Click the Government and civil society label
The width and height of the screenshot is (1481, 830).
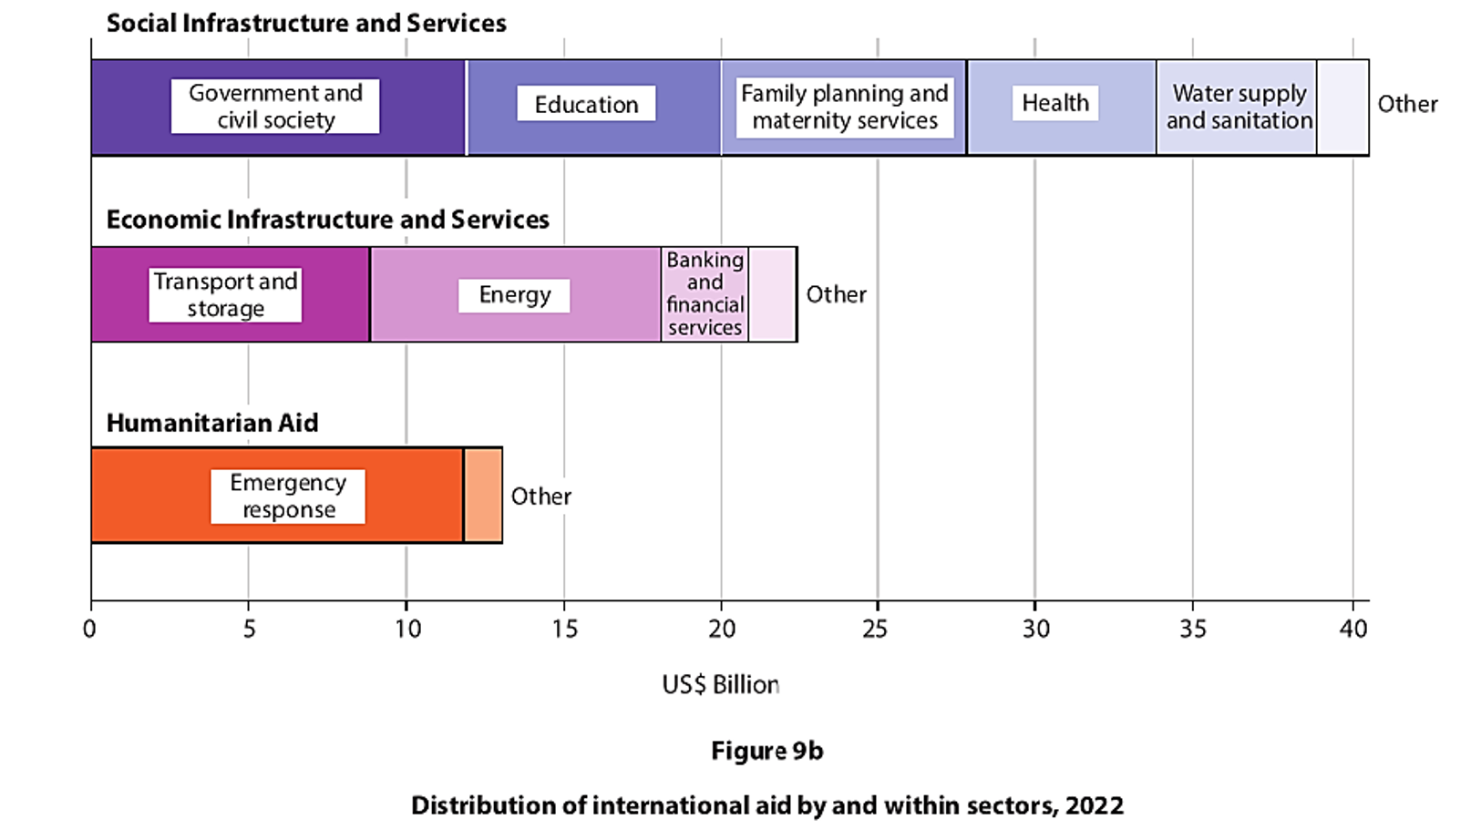(x=275, y=107)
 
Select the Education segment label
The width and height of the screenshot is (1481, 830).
(x=586, y=105)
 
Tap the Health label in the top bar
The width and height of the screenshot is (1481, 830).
(x=1054, y=103)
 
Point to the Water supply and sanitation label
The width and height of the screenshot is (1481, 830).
(x=1239, y=108)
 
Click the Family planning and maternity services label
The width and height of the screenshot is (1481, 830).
(x=844, y=108)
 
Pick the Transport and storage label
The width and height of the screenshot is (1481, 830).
(x=225, y=295)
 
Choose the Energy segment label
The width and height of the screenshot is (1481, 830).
(x=514, y=295)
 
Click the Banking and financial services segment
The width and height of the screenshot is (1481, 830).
(x=705, y=294)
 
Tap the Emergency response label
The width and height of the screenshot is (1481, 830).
(x=288, y=497)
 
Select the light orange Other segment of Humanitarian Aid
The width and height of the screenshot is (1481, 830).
(x=483, y=497)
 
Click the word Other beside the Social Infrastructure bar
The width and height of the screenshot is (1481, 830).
(x=1406, y=105)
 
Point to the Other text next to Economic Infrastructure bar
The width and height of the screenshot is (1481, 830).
(x=836, y=295)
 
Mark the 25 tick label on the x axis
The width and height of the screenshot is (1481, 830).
(x=876, y=629)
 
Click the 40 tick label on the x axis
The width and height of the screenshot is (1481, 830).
(x=1353, y=629)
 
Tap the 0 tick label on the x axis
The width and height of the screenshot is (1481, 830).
(x=89, y=629)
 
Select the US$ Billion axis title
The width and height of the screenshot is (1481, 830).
(x=720, y=685)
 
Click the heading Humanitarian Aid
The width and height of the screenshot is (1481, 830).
(x=212, y=423)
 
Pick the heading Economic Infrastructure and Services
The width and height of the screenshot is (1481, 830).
(x=327, y=220)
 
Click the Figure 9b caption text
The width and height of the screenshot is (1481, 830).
(x=766, y=751)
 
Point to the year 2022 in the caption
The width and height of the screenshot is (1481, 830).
(x=1094, y=805)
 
